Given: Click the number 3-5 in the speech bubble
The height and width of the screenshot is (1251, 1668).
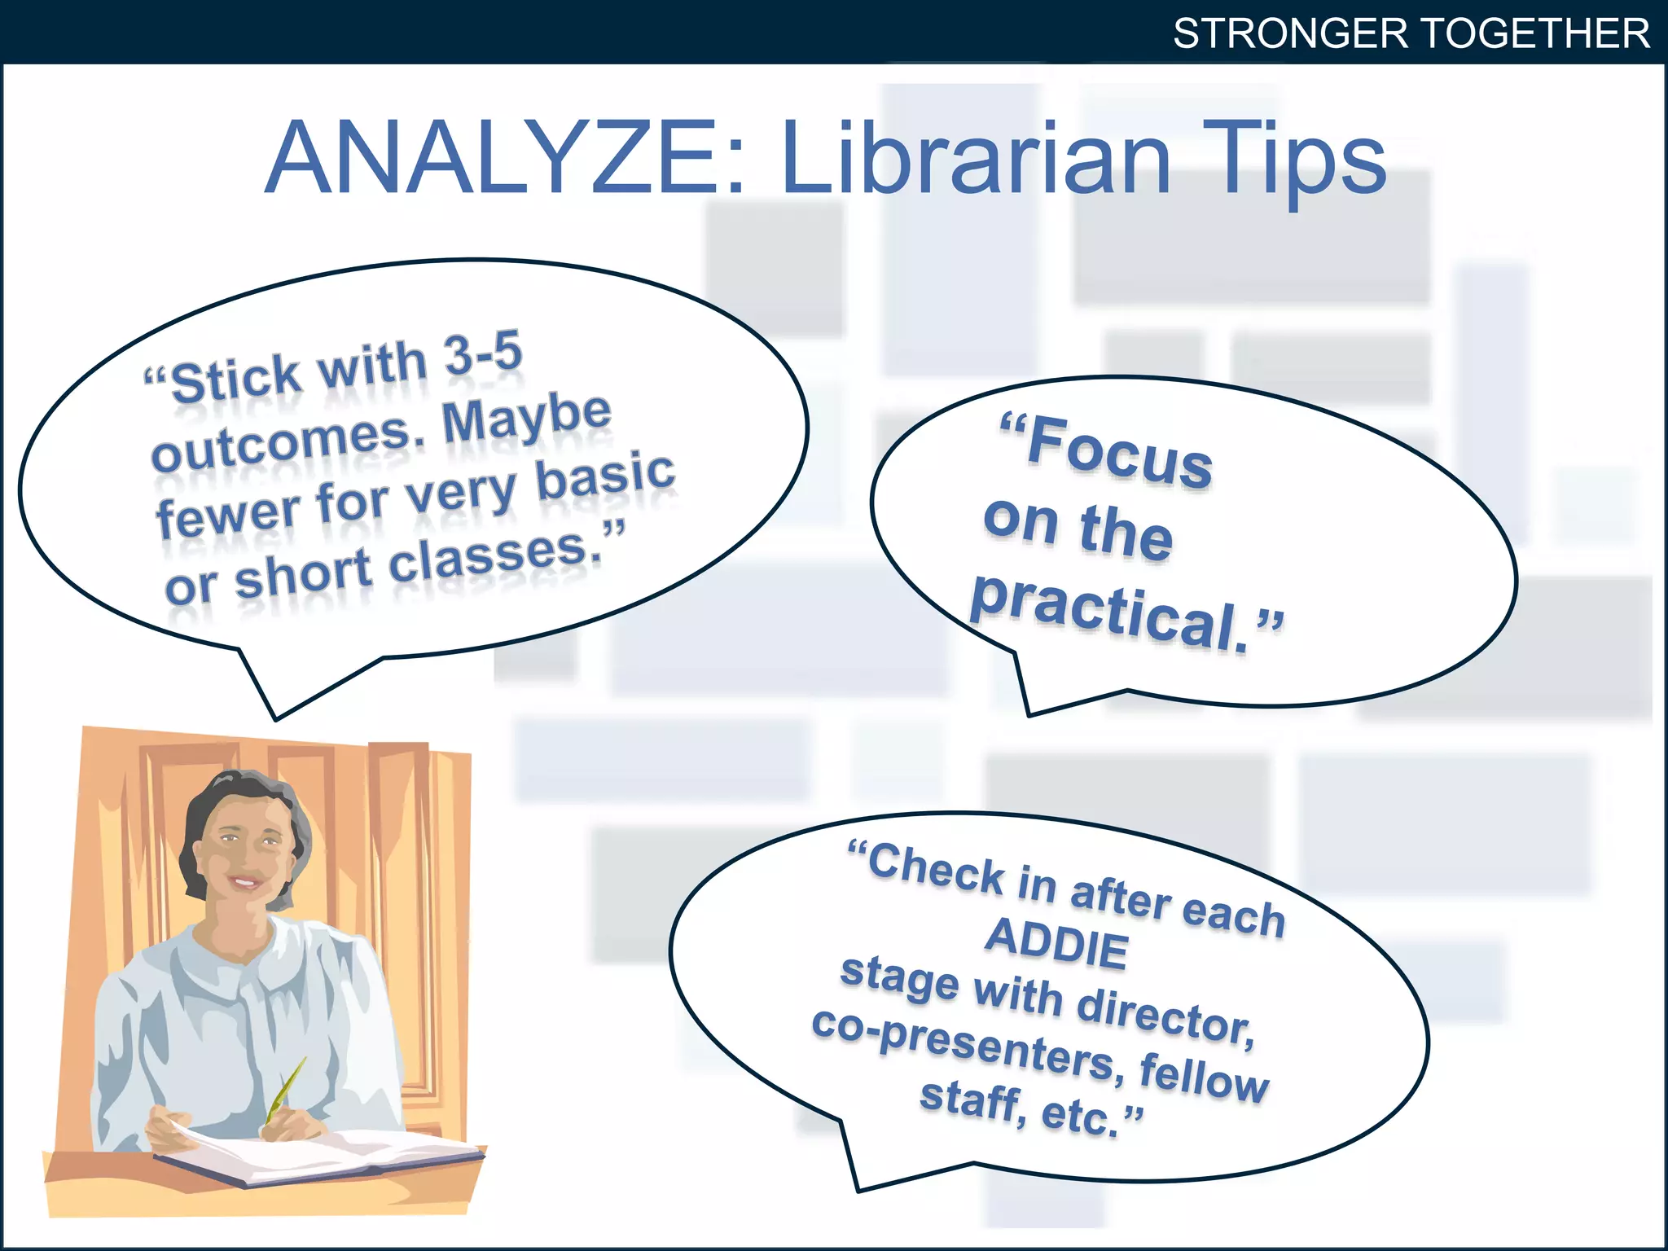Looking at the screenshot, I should click(483, 354).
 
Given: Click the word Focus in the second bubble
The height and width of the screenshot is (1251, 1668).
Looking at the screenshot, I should click(1119, 451).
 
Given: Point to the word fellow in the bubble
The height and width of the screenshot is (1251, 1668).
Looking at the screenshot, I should click(1204, 1077).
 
